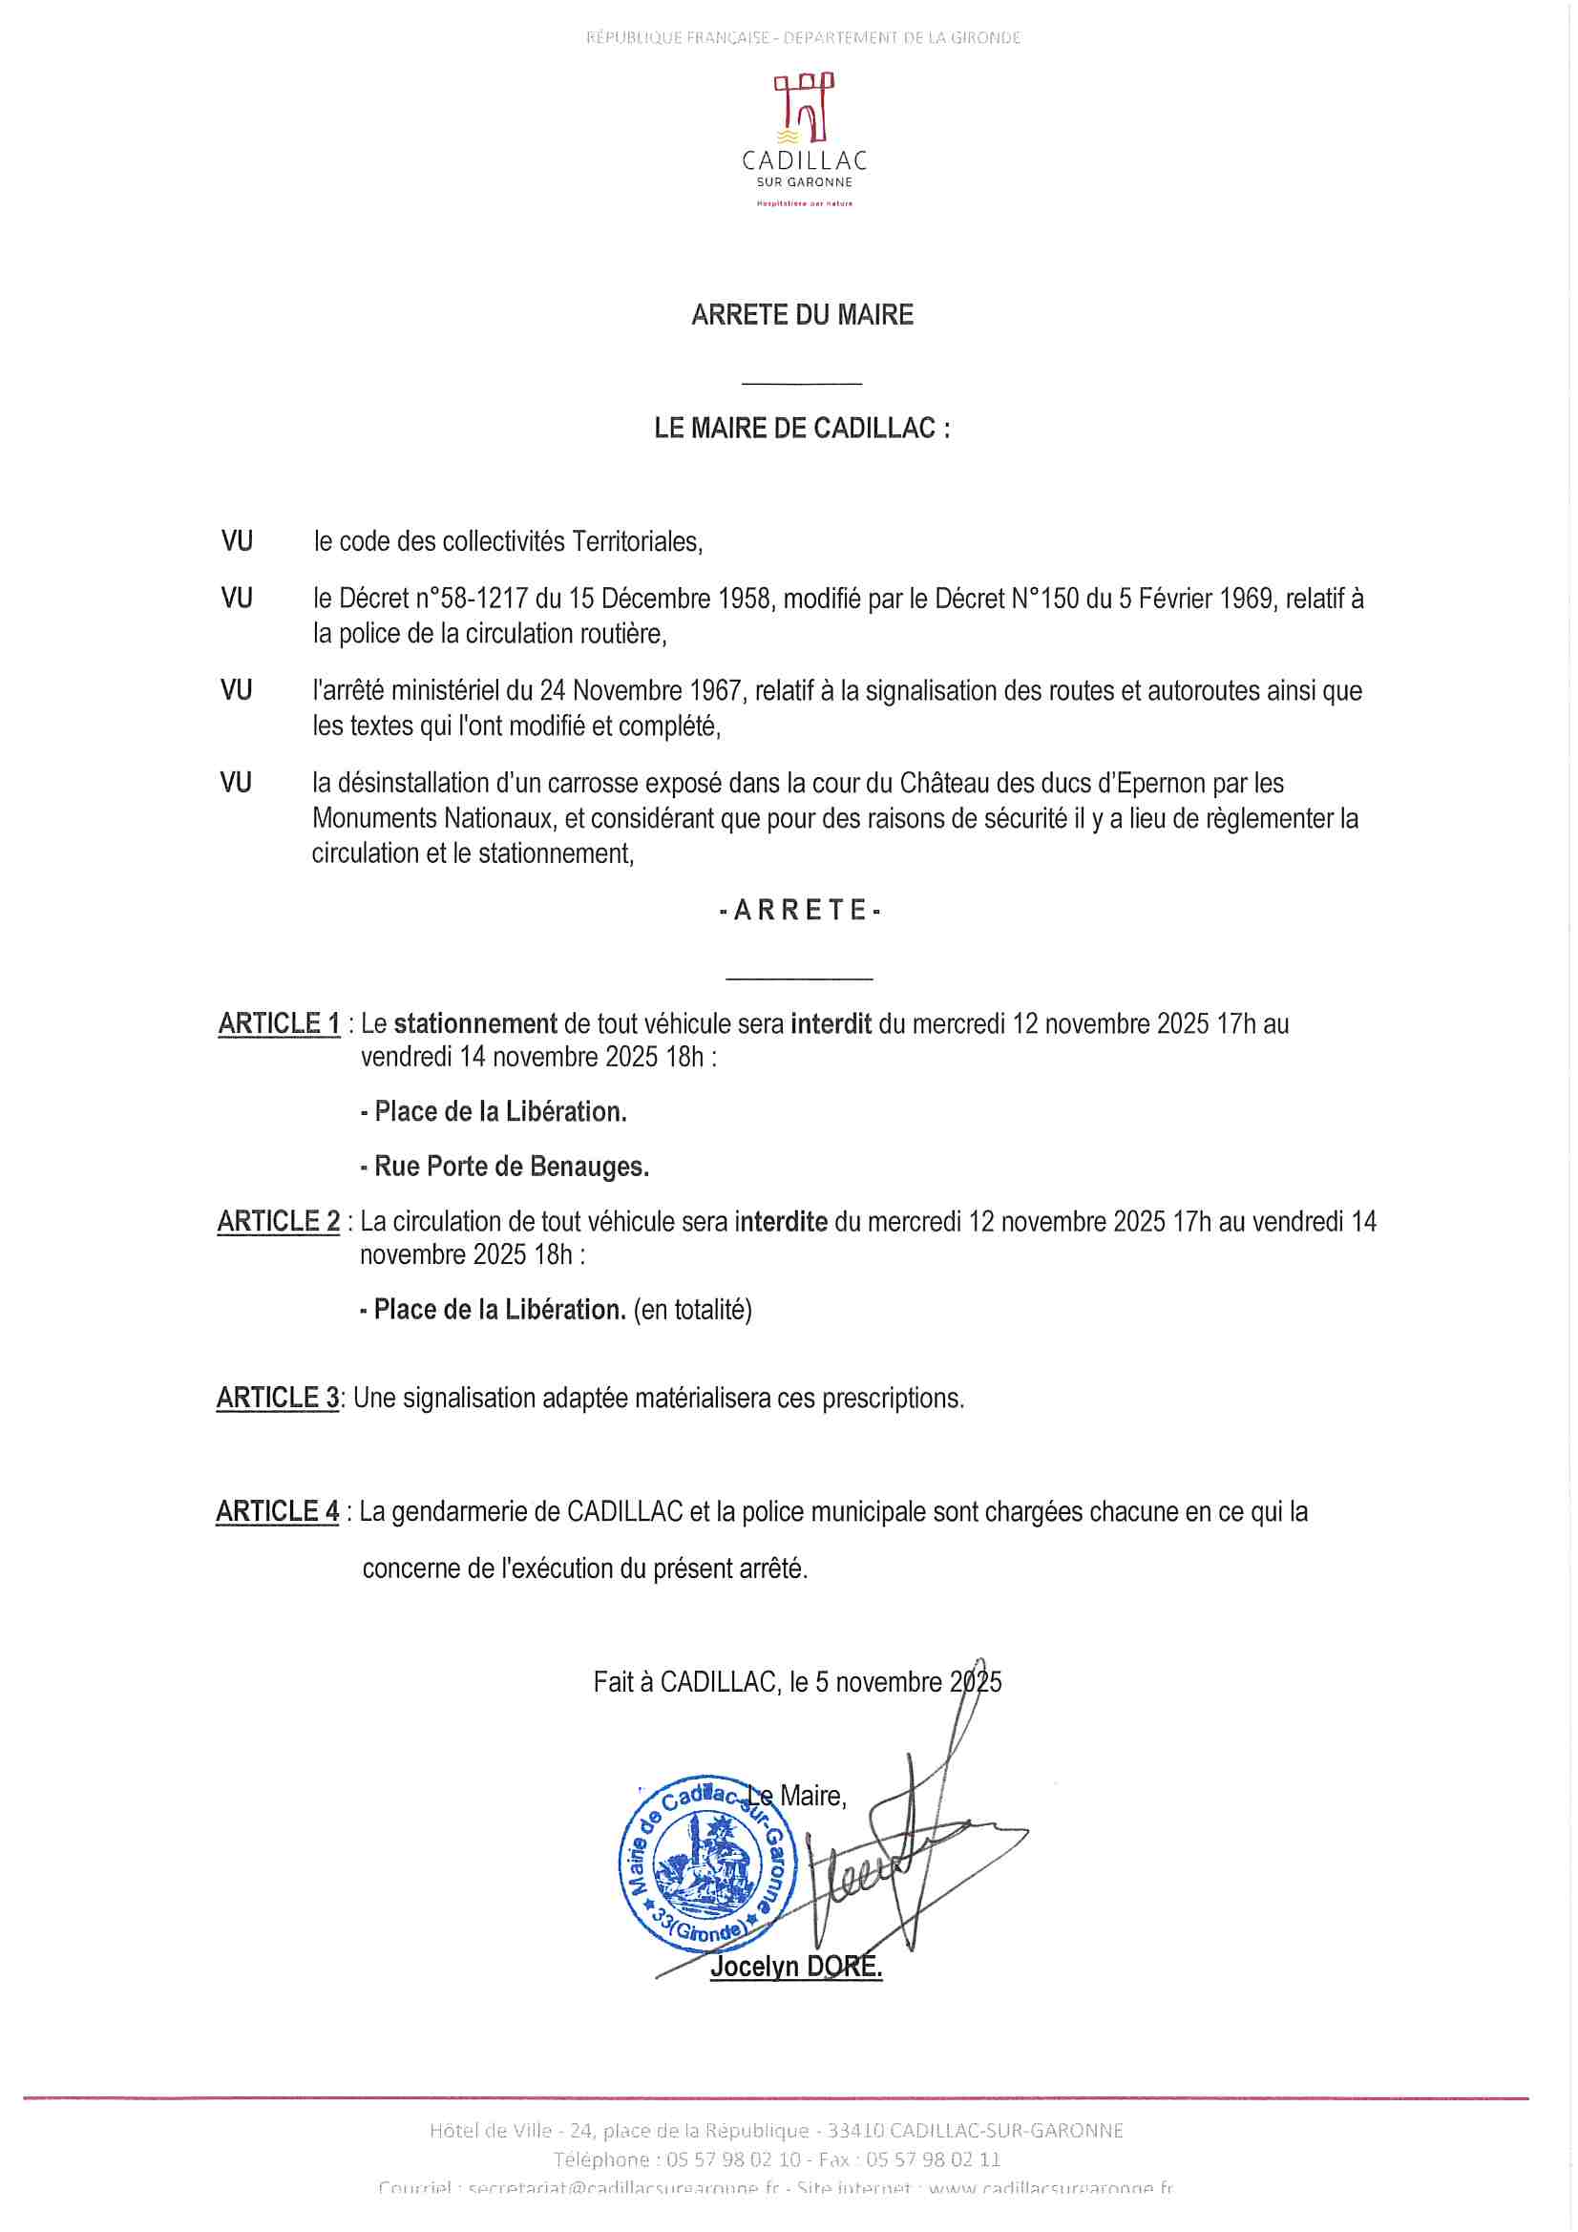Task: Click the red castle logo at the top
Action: pos(803,107)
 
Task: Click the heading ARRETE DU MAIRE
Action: pos(802,315)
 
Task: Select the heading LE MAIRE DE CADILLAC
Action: pos(802,429)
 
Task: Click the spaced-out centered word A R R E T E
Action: pos(800,911)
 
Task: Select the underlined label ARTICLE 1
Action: pos(279,1023)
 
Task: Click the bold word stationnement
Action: pos(475,1023)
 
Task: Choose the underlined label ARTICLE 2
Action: pos(279,1222)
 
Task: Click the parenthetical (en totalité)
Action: pos(693,1311)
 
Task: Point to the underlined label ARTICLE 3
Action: pos(278,1398)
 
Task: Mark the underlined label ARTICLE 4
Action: pos(278,1511)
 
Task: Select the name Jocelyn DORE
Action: pos(796,1968)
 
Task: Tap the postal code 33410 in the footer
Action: pos(855,2131)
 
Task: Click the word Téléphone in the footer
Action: pos(600,2160)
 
